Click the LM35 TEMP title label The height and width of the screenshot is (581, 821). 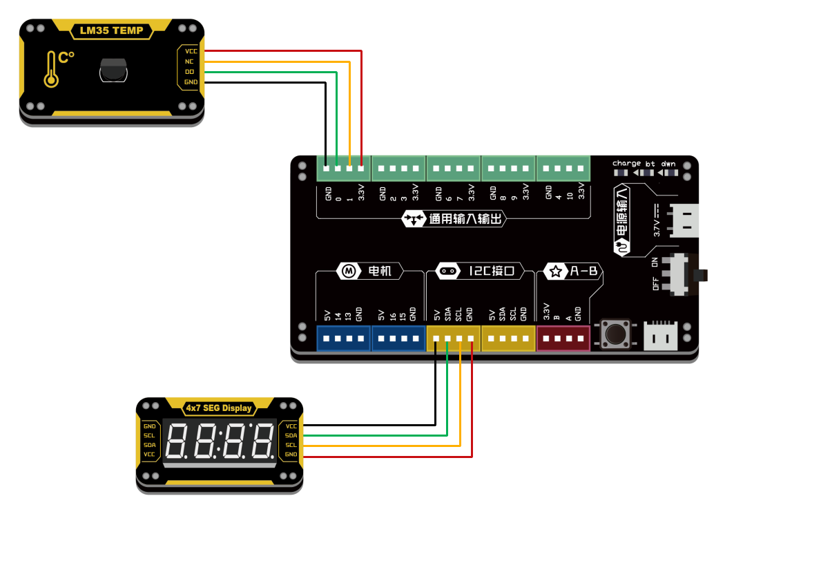tap(111, 30)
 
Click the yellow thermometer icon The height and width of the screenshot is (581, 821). tap(51, 70)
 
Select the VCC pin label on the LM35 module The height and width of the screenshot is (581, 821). tap(191, 51)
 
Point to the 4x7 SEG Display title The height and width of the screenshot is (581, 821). tap(219, 408)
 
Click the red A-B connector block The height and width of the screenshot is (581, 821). tap(563, 339)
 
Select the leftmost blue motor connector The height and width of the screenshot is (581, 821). tap(343, 339)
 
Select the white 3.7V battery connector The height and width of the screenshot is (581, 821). tap(680, 220)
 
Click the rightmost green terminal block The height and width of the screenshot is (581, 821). tap(563, 168)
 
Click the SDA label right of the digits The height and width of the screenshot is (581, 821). tap(291, 435)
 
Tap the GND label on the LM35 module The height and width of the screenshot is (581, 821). tap(191, 82)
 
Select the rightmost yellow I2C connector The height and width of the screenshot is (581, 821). tap(508, 339)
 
